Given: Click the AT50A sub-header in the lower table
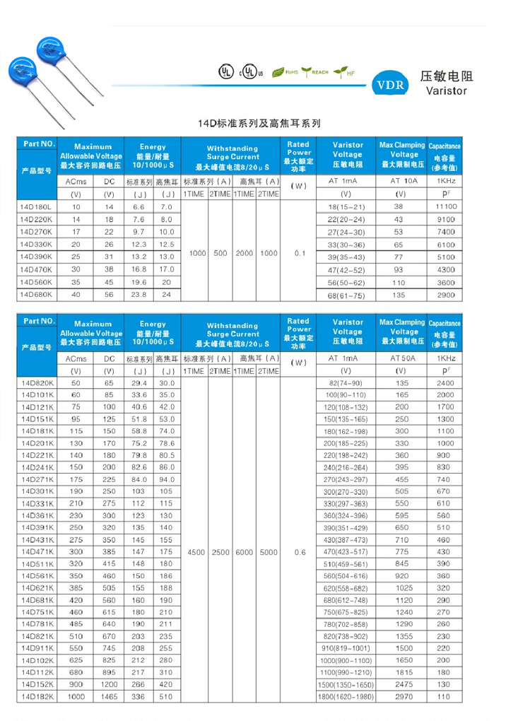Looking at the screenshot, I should click(x=401, y=359).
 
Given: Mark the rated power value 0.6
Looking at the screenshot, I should click(x=299, y=551).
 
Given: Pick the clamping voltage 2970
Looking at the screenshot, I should click(x=401, y=697).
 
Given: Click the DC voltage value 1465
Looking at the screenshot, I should click(x=109, y=697).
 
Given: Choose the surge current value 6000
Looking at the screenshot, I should click(x=244, y=551).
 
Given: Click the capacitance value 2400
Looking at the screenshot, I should click(x=446, y=382).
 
